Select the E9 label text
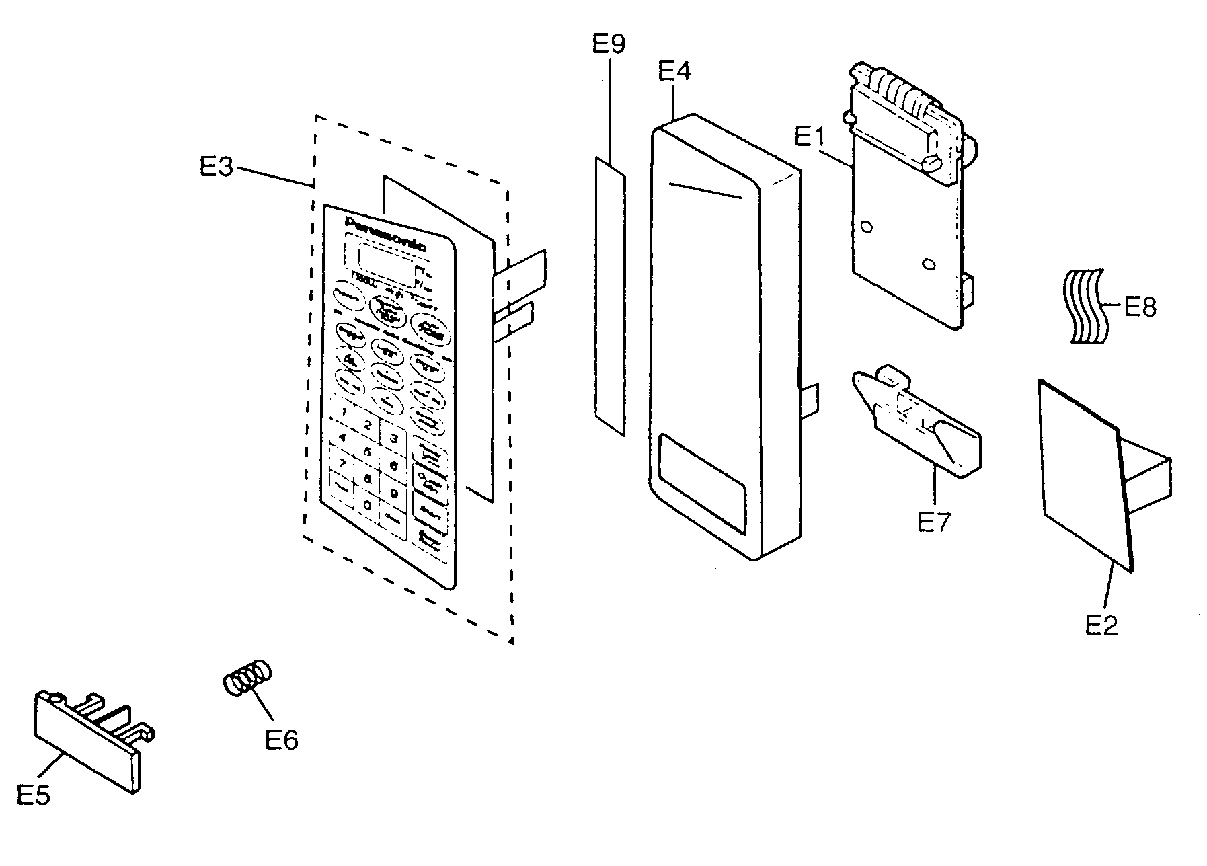pos(608,45)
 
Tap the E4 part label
pos(674,71)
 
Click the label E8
pos(1140,307)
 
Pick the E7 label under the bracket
pos(934,522)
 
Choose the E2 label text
pos(1101,625)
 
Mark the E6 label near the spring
pos(281,740)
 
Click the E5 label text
pos(33,797)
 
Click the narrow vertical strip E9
pos(610,296)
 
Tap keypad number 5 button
pos(368,452)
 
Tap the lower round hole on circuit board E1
pos(928,264)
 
